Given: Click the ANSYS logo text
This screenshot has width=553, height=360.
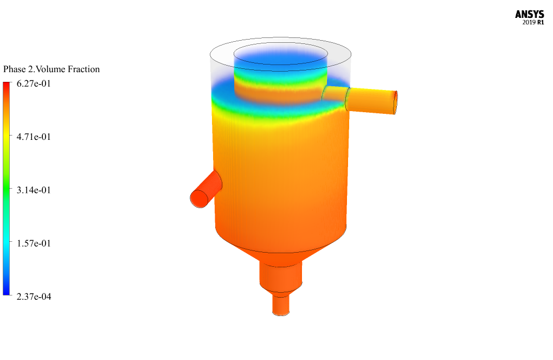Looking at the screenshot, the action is pyautogui.click(x=529, y=15).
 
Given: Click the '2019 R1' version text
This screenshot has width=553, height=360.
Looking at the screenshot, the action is pyautogui.click(x=533, y=23).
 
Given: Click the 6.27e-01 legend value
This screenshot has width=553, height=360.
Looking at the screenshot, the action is pyautogui.click(x=34, y=83).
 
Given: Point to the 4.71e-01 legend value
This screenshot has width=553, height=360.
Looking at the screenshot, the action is pyautogui.click(x=34, y=137).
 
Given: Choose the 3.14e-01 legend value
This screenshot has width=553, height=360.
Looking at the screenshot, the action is pyautogui.click(x=34, y=190).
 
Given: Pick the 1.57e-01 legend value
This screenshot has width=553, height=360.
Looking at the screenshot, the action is pyautogui.click(x=34, y=243).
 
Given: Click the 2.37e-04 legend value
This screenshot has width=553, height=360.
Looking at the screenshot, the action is pyautogui.click(x=34, y=297).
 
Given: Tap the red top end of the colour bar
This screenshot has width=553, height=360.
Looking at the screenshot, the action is pyautogui.click(x=7, y=85).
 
